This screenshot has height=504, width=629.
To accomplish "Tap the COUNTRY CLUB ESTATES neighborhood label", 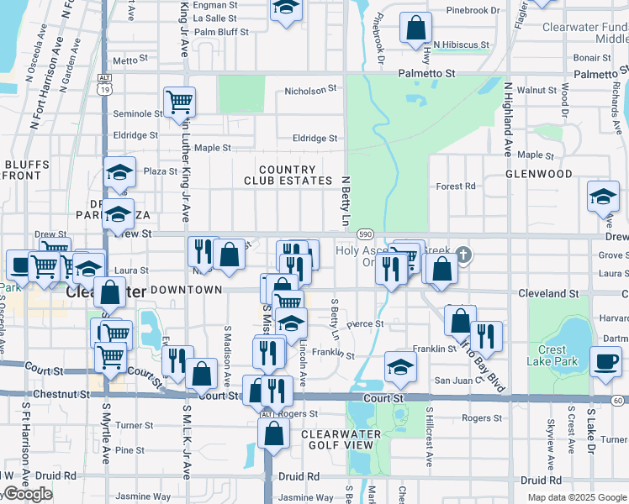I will (288, 175).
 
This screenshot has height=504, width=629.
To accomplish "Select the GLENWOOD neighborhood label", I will (538, 174).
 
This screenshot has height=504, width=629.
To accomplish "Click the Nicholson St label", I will (310, 89).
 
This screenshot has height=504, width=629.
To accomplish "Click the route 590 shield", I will (364, 234).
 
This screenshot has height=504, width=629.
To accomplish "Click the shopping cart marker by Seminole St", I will (179, 102).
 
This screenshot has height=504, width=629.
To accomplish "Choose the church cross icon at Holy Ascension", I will (461, 254).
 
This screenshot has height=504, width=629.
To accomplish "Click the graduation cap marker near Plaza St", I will (119, 173).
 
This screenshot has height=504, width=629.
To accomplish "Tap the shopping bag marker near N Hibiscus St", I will (415, 28).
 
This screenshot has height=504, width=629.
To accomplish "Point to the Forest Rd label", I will (456, 186).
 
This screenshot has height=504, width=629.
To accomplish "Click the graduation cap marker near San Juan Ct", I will (400, 366).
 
